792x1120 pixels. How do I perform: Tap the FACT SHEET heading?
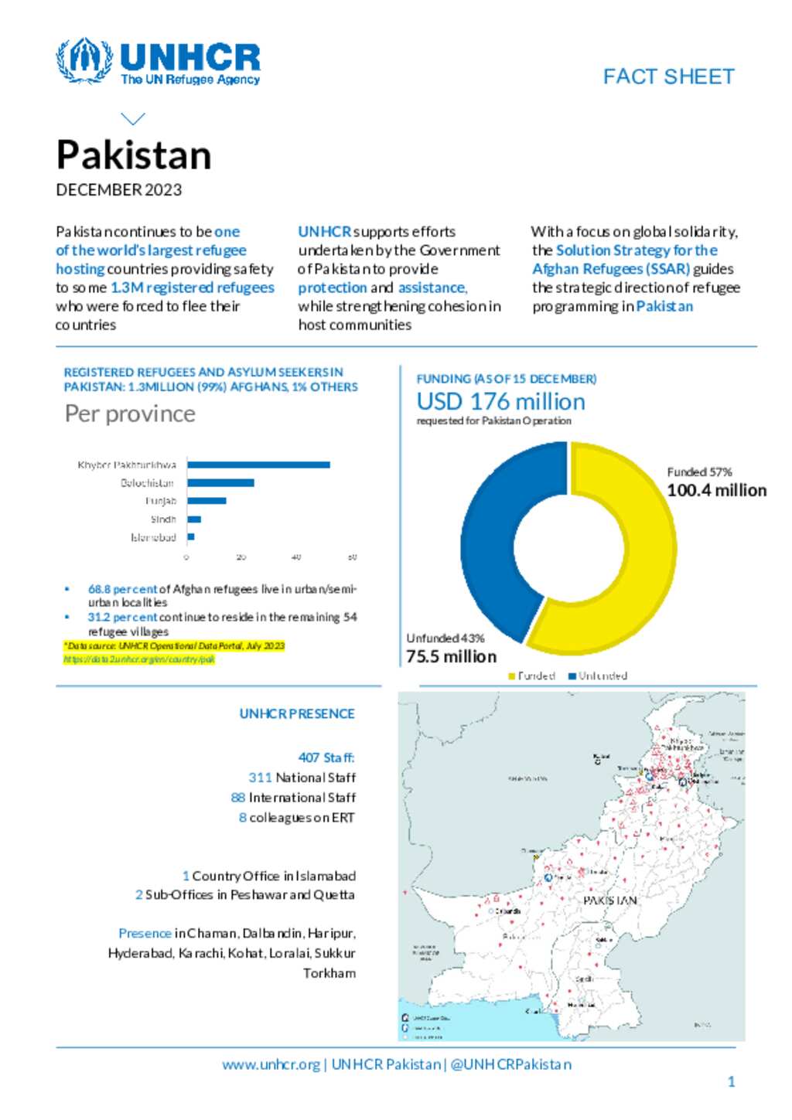click(x=668, y=77)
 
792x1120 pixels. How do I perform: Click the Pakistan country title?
click(x=134, y=155)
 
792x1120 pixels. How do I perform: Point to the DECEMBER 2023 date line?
click(x=118, y=190)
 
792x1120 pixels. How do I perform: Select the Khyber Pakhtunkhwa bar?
click(x=258, y=465)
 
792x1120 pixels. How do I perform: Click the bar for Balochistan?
click(x=220, y=483)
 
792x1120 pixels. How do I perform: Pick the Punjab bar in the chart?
click(x=207, y=501)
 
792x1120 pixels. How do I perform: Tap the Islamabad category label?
click(x=153, y=537)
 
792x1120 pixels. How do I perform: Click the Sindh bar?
click(x=194, y=519)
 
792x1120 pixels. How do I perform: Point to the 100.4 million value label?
click(x=716, y=490)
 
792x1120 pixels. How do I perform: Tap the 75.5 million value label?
click(x=452, y=656)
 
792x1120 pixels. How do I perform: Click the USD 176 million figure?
click(x=500, y=402)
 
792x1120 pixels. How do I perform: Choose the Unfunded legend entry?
click(x=598, y=676)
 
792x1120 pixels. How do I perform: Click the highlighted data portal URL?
click(x=139, y=659)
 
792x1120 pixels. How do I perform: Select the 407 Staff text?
click(x=326, y=757)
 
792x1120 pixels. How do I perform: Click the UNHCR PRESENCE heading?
click(x=297, y=713)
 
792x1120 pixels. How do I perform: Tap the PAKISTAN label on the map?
click(x=610, y=900)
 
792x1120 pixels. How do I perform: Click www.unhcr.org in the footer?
click(x=271, y=1064)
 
